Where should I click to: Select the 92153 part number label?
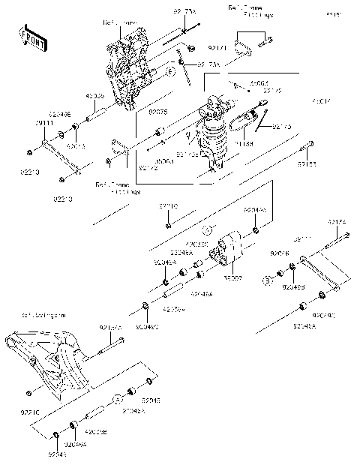point(307,163)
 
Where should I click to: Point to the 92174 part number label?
point(337,223)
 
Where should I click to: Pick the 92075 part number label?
point(157,112)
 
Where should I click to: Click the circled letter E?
point(170,71)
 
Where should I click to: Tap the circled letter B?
point(265,280)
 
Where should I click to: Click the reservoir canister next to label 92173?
point(244,118)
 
